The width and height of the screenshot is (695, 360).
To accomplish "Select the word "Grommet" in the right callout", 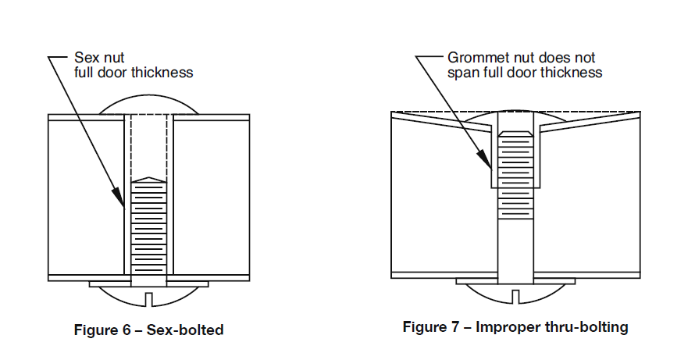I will click(476, 58).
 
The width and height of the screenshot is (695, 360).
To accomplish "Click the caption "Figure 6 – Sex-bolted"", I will click(148, 330).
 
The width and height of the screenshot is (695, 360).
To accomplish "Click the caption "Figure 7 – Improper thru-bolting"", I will click(515, 327).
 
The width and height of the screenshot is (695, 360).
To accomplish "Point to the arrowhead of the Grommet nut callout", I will click(490, 168).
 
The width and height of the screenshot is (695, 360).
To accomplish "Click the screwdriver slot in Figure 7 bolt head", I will click(515, 295).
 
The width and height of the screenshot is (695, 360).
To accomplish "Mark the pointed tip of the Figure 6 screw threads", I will click(148, 179).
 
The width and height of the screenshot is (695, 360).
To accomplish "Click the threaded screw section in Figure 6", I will click(148, 226).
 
